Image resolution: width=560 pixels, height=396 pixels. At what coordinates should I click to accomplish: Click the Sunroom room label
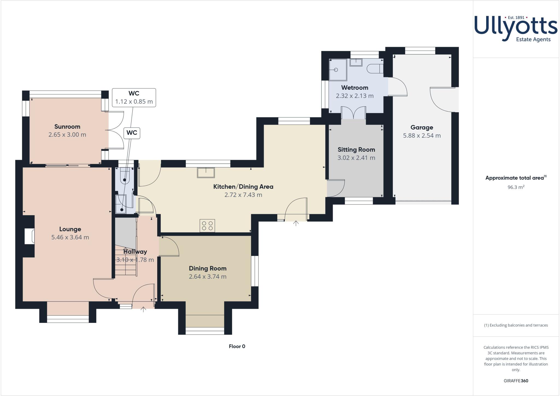coord(67,127)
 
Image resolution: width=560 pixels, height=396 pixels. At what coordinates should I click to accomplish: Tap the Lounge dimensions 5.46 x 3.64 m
coord(70,237)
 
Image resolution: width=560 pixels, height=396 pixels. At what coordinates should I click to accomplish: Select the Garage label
coord(422,127)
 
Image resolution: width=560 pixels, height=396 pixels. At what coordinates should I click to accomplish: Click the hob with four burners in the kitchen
coord(207,226)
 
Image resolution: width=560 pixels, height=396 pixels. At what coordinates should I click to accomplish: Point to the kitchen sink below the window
coord(206,173)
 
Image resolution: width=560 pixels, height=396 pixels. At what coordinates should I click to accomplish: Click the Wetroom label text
coord(355,88)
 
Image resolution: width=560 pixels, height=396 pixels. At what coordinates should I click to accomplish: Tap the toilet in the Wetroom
coord(375,69)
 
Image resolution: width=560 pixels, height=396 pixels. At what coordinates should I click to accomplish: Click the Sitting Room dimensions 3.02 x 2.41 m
coord(356,158)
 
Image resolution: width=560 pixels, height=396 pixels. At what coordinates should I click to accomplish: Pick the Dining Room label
coord(208,268)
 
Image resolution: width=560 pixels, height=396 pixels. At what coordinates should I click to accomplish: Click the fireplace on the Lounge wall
coord(29,236)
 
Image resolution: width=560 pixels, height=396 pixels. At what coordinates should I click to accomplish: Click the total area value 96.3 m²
coord(516,188)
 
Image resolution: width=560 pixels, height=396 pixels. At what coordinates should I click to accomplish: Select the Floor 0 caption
coord(237,346)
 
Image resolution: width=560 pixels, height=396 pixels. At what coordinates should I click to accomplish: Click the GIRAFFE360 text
coord(516,381)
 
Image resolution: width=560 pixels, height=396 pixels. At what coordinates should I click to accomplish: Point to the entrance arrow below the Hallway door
coord(143,309)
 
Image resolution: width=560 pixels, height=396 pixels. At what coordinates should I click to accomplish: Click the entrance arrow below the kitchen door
coord(296,223)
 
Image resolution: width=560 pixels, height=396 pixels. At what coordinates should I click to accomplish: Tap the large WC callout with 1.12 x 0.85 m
coord(134,97)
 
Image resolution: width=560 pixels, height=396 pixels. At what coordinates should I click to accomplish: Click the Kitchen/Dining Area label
coord(243,187)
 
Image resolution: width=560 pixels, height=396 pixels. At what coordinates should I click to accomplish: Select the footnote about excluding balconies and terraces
coord(516,325)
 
